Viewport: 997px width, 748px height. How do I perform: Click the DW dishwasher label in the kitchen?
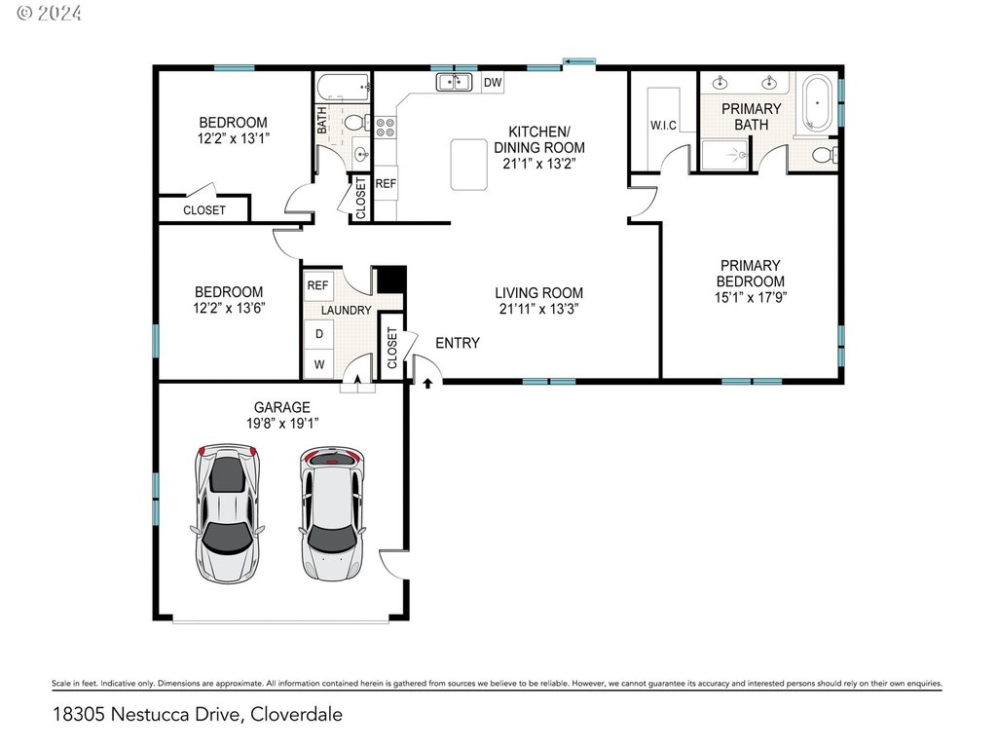pos(493,82)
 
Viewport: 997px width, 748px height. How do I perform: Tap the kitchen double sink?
pos(454,82)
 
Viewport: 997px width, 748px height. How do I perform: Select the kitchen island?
pos(469,165)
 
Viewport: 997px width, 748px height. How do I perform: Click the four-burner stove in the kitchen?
pos(385,128)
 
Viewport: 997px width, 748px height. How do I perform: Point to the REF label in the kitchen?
pos(386,184)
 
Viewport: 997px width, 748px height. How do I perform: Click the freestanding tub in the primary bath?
pos(818,102)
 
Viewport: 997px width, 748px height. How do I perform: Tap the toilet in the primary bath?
pos(825,155)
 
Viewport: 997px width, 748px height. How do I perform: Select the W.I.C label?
pos(663,126)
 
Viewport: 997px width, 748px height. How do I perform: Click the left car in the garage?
pos(227,512)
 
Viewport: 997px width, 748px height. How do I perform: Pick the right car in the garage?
pos(332,512)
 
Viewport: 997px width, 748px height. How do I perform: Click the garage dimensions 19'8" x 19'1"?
pos(282,423)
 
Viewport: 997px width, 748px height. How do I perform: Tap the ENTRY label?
pos(458,343)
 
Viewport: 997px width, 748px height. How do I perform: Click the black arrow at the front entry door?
pos(428,383)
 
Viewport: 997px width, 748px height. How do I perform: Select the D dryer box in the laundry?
pos(319,334)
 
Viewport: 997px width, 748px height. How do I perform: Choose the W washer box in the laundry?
pos(319,364)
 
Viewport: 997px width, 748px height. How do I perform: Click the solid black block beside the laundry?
pos(391,280)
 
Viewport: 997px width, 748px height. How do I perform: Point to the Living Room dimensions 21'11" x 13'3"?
pos(538,309)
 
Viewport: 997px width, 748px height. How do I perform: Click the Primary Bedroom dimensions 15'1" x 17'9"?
pos(751,297)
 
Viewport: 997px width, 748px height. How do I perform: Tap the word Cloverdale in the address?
pos(296,714)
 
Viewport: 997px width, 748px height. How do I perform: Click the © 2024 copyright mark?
pos(49,13)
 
